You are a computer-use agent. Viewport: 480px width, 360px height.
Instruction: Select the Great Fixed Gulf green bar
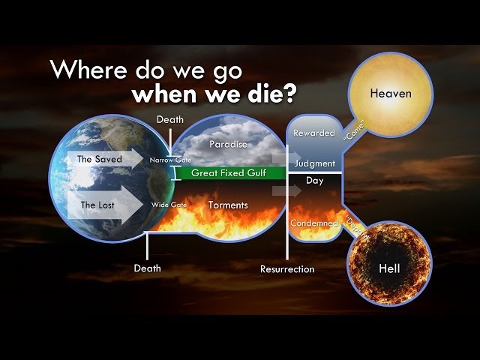224,173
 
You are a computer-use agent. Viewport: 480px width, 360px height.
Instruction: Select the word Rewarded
313,133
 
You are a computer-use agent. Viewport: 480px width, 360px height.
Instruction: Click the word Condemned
314,223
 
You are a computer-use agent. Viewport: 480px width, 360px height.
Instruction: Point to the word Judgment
314,163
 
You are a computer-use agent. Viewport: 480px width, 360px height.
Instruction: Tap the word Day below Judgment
314,181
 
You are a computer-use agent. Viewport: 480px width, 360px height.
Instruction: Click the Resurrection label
287,268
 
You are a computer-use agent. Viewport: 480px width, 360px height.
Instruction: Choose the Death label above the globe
169,118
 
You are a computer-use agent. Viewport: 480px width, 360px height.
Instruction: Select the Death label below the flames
147,267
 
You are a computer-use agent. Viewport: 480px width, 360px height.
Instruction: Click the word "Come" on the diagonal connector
353,132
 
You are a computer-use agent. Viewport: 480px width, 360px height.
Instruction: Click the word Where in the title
85,70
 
